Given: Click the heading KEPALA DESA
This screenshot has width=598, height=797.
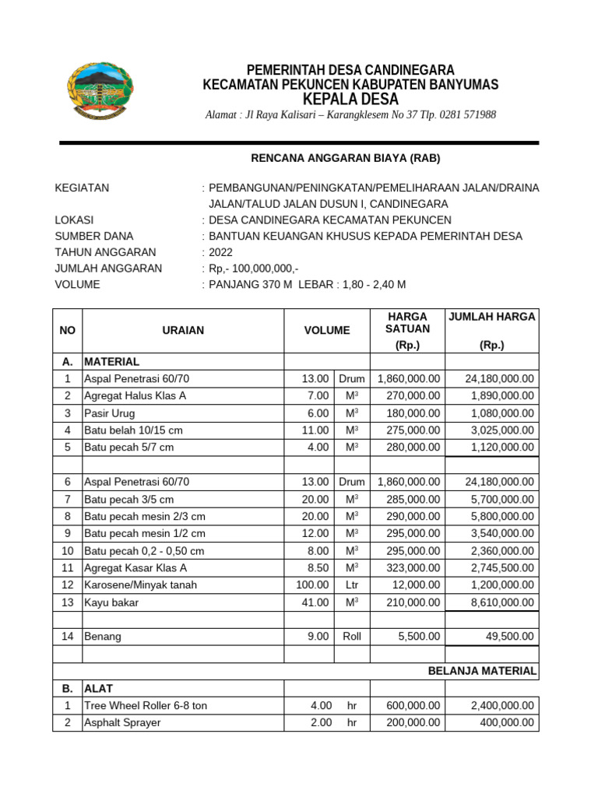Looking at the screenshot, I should tap(350, 100).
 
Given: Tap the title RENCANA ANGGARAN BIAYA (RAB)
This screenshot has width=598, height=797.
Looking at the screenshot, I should tap(345, 158).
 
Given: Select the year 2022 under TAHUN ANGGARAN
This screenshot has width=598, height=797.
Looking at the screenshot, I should tap(220, 252).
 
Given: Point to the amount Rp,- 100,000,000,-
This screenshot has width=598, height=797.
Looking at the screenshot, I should tap(255, 269).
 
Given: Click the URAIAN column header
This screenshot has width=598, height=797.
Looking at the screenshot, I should tap(183, 330).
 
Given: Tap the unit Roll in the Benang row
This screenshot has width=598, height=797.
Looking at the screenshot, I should tap(352, 637).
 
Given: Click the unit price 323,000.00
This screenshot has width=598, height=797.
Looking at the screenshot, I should tap(413, 567).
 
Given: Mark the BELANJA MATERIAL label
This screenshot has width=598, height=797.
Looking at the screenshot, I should tap(482, 671).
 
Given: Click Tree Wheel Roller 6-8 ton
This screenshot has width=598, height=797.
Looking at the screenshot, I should tap(146, 706).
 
